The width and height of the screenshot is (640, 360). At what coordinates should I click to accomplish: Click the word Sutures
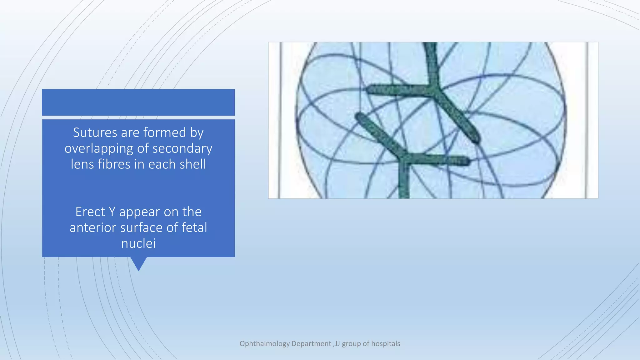tap(95, 132)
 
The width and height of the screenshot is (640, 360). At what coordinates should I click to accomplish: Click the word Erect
tap(90, 212)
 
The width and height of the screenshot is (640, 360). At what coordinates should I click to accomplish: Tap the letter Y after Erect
tap(112, 212)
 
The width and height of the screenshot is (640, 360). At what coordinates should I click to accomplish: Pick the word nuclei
tap(138, 244)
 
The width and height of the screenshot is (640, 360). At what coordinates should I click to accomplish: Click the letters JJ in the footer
tap(337, 344)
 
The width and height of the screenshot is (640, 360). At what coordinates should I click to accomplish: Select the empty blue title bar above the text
tap(138, 102)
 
